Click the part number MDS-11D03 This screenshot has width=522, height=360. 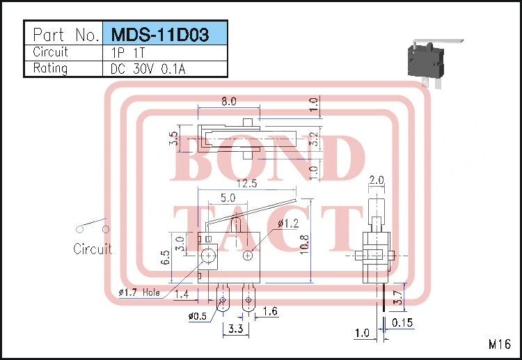coord(165,34)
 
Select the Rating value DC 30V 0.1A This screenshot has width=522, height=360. coord(148,68)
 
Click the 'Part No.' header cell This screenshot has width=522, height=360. coord(63,34)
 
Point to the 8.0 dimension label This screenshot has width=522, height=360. coord(228,101)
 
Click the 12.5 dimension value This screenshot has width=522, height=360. coord(246,184)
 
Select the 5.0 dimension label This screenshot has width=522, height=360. coord(227,198)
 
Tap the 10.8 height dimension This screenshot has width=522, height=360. coord(304,244)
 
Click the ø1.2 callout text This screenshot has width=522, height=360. coord(288,224)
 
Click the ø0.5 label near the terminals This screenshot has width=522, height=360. coord(198,317)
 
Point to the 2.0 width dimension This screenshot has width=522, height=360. coord(376,180)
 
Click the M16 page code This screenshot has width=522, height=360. coord(499,344)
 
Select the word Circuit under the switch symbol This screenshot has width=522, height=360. coord(93,249)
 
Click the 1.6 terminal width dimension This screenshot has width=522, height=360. coord(270,311)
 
